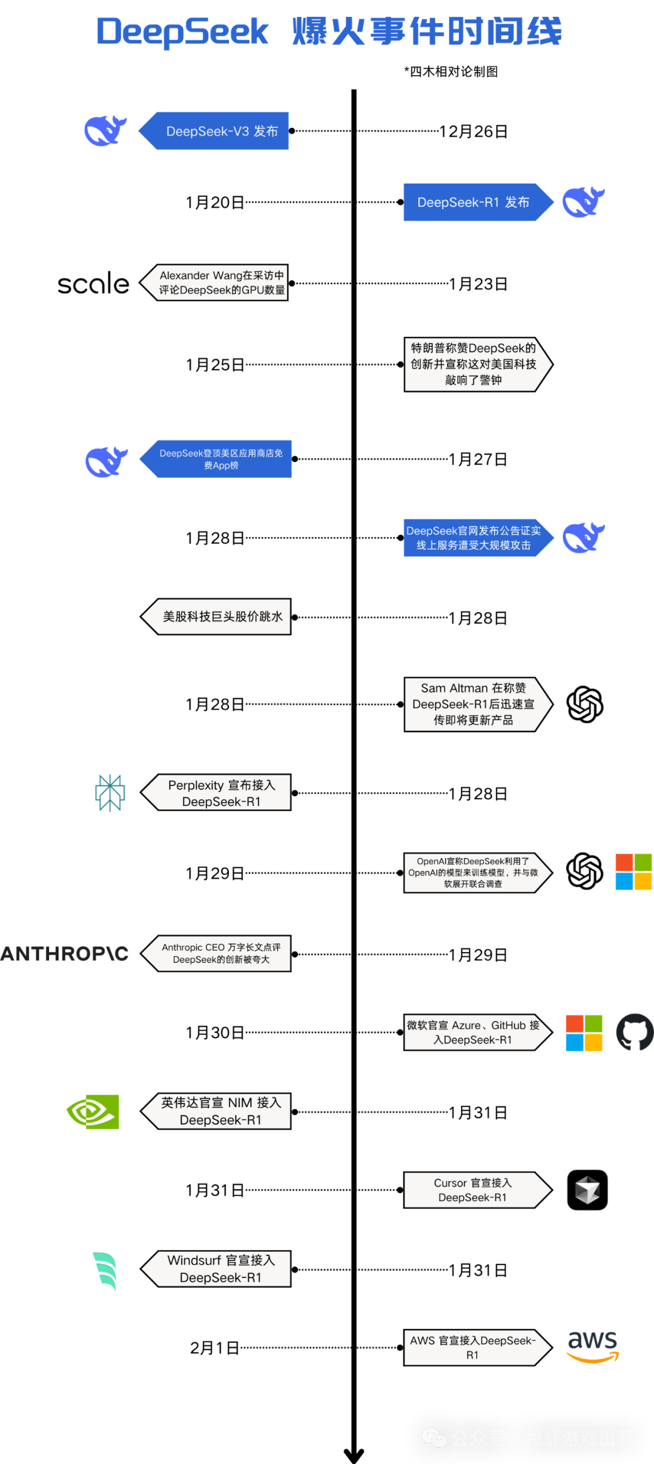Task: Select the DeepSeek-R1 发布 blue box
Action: [x=478, y=202]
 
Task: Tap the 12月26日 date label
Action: [x=474, y=131]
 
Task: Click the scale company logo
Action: [x=93, y=283]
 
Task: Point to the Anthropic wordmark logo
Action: [x=64, y=954]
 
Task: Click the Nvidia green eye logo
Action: [x=93, y=1111]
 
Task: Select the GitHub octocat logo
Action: [x=635, y=1032]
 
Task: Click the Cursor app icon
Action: [x=587, y=1190]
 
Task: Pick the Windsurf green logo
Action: [x=105, y=1271]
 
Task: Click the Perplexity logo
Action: [x=110, y=793]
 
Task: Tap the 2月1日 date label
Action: [x=214, y=1348]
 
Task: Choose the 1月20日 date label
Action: [x=215, y=202]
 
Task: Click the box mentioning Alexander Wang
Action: [x=214, y=282]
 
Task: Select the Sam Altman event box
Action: [x=478, y=704]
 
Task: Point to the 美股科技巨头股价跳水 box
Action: [x=216, y=617]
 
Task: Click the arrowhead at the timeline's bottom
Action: [x=354, y=1455]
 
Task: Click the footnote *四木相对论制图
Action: [x=451, y=72]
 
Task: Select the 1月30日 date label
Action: [x=215, y=1033]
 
